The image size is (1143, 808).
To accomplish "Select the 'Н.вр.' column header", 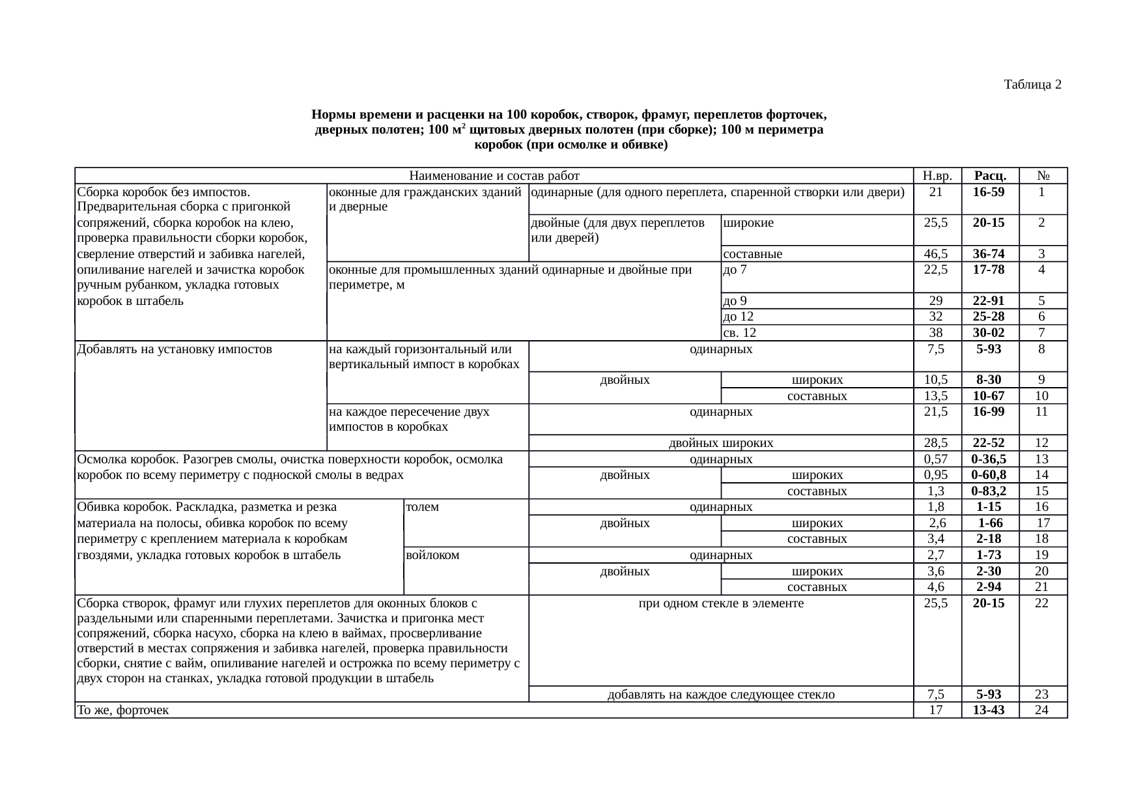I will [x=937, y=175].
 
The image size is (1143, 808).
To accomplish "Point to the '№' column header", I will [x=1042, y=175].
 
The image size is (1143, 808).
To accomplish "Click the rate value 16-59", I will [x=989, y=192].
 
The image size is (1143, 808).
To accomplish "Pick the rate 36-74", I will [x=989, y=253].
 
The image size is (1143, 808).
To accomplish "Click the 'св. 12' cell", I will [x=740, y=333].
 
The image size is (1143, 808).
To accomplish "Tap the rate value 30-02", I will [x=989, y=333].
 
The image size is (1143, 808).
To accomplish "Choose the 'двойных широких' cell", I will [x=721, y=443].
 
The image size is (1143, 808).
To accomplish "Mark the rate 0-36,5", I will [x=989, y=459].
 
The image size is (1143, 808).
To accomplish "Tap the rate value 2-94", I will [x=989, y=587].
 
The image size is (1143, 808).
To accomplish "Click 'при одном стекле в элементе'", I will [x=721, y=603].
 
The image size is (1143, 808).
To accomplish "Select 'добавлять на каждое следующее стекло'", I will [x=721, y=694].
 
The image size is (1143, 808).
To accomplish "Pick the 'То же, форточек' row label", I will [x=123, y=710].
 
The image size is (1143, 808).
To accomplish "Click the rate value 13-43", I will [x=989, y=710].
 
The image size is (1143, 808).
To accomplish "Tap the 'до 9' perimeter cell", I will [x=735, y=301].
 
